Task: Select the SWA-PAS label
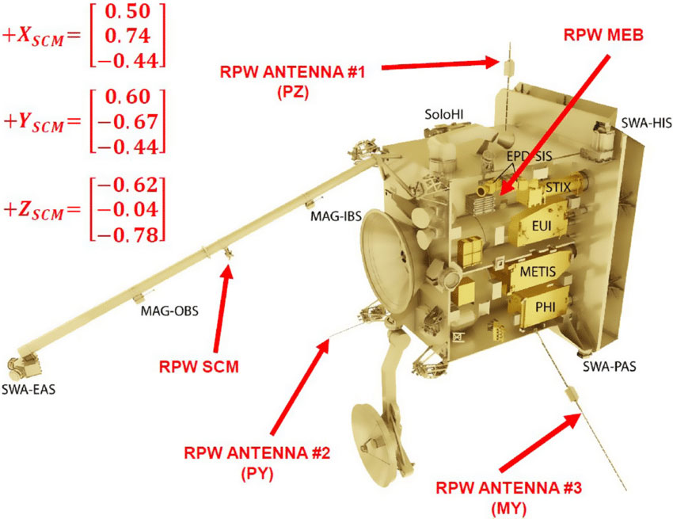coord(610,367)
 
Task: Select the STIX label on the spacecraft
coord(558,186)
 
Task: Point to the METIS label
coord(539,272)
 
